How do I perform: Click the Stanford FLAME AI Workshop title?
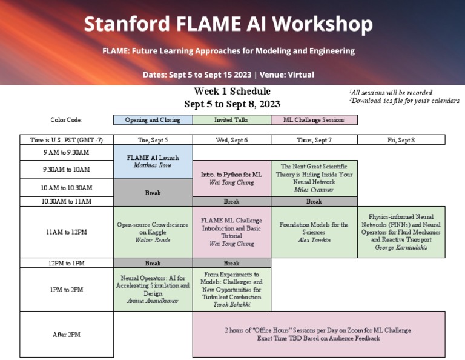click(x=228, y=24)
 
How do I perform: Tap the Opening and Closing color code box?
click(x=153, y=120)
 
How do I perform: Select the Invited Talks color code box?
click(x=231, y=120)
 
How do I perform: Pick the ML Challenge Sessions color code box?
click(x=314, y=120)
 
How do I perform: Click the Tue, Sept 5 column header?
click(x=153, y=140)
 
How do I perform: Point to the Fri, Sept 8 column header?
click(x=401, y=140)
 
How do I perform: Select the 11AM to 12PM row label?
click(x=67, y=232)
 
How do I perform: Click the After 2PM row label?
click(x=67, y=334)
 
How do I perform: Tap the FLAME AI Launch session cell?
click(x=153, y=161)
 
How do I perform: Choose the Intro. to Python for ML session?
click(x=231, y=178)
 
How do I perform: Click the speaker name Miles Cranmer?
click(x=314, y=190)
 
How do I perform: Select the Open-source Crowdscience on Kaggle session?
click(x=153, y=232)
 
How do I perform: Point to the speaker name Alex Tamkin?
click(x=314, y=240)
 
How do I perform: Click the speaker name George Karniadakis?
click(x=401, y=247)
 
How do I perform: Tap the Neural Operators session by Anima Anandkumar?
click(x=153, y=289)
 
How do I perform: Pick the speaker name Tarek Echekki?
click(x=231, y=305)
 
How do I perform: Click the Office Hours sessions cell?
click(x=318, y=334)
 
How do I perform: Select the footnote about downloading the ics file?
click(x=404, y=101)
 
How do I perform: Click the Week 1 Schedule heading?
click(x=232, y=91)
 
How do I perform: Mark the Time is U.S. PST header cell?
click(x=67, y=140)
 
